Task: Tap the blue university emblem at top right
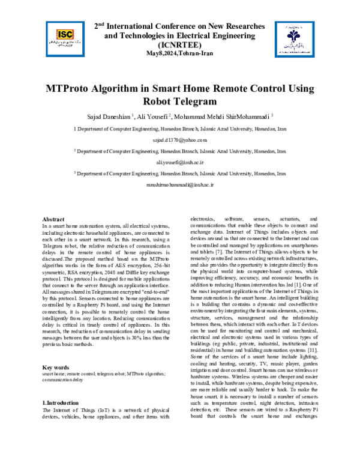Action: click(x=290, y=38)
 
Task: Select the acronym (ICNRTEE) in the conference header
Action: click(x=180, y=45)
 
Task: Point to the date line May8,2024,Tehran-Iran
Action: click(x=180, y=53)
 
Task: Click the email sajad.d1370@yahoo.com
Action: click(x=180, y=139)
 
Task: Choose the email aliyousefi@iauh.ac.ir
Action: click(x=180, y=162)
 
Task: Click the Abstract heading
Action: click(x=53, y=219)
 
